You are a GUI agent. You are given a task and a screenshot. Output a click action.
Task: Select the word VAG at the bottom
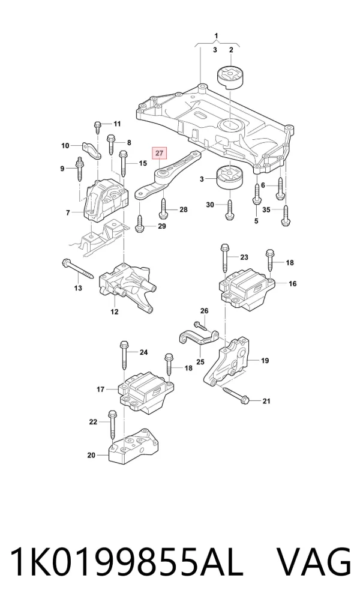314,562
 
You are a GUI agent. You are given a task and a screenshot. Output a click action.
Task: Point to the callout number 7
68,212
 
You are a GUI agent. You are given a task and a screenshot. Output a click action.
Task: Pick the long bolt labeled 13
77,269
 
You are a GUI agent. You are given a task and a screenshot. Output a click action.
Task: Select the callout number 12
114,312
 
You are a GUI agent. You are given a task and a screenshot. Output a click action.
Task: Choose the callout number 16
293,283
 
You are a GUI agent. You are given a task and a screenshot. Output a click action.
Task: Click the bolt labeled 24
124,355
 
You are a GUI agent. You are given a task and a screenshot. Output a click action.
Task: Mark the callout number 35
266,209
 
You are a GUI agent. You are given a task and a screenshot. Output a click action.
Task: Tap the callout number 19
265,361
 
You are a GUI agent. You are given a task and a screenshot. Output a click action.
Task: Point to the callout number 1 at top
216,36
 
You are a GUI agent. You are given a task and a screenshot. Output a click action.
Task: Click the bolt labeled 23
225,259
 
